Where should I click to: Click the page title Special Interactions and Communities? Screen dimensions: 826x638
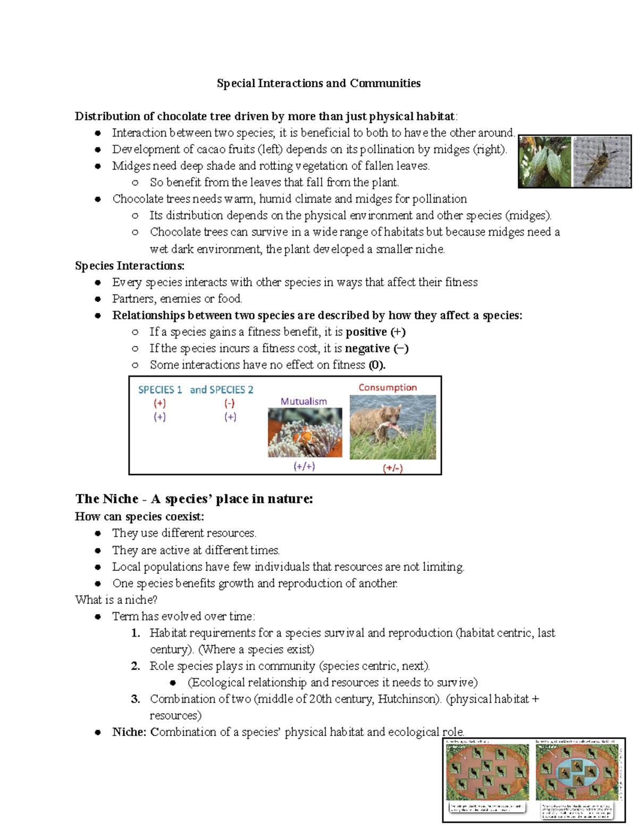tap(318, 84)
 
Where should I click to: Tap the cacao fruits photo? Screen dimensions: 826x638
tap(545, 162)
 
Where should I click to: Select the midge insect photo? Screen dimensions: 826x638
tap(601, 162)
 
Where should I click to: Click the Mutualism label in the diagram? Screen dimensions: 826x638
tap(304, 402)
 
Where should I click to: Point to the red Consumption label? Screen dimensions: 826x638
tap(388, 388)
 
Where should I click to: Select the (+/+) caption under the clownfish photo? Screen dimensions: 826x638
tap(304, 466)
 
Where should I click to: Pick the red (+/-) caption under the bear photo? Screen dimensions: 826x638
tap(393, 468)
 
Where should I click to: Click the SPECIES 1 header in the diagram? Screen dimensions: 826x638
tap(160, 390)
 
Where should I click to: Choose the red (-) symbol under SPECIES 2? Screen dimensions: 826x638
tap(230, 404)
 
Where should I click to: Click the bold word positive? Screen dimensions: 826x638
tap(366, 332)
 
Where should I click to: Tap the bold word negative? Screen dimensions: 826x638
tap(367, 348)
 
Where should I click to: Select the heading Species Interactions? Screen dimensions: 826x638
tap(130, 266)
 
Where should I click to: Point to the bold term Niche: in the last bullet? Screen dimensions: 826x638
tap(129, 732)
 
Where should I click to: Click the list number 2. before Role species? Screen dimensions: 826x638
tap(136, 666)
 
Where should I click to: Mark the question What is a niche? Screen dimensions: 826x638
tap(116, 600)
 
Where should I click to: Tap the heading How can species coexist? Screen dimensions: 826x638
tap(139, 516)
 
